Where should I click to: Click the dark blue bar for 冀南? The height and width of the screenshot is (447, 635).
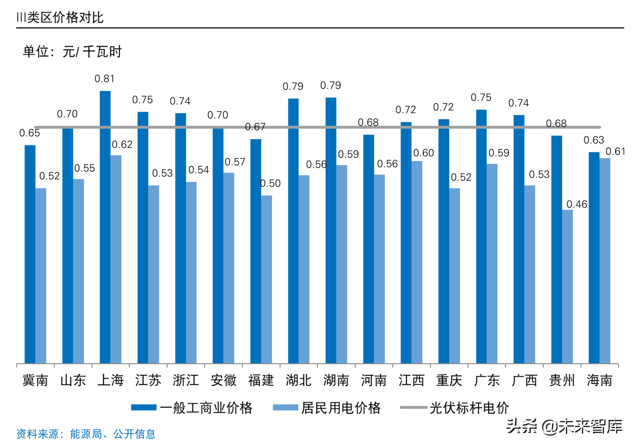pyautogui.click(x=30, y=254)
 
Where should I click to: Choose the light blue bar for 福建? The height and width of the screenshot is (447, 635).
pyautogui.click(x=266, y=279)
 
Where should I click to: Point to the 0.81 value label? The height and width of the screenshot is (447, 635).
pyautogui.click(x=104, y=79)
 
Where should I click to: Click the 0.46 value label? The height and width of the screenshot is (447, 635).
pyautogui.click(x=576, y=204)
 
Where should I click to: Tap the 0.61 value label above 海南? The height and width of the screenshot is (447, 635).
pyautogui.click(x=615, y=152)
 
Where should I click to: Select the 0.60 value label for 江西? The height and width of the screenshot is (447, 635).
pyautogui.click(x=423, y=153)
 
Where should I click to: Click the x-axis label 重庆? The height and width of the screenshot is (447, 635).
pyautogui.click(x=449, y=380)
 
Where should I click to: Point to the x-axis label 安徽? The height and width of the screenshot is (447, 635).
pyautogui.click(x=223, y=380)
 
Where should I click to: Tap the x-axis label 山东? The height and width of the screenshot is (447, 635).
pyautogui.click(x=73, y=380)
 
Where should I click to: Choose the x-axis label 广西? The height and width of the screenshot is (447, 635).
pyautogui.click(x=524, y=380)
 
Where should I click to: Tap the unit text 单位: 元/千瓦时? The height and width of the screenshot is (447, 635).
pyautogui.click(x=72, y=52)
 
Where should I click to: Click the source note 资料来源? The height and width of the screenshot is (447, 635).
pyautogui.click(x=86, y=434)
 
